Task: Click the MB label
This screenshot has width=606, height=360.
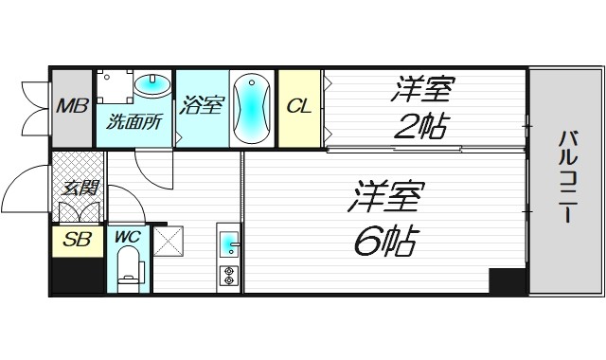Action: [70, 105]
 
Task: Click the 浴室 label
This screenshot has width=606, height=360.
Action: [202, 105]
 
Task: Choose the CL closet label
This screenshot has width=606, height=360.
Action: [298, 106]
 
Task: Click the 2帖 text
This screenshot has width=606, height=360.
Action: [421, 125]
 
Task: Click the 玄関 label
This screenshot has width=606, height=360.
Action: [78, 187]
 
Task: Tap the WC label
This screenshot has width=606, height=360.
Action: [127, 237]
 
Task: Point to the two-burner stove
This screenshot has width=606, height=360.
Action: [228, 277]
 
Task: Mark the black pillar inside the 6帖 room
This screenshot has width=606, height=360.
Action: [507, 280]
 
